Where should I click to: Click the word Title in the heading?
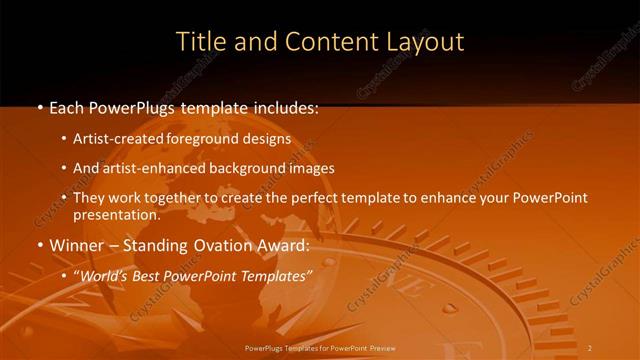tap(198, 42)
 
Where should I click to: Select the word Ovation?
tap(214, 245)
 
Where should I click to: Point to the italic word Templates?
tap(276, 275)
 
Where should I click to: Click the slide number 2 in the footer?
tap(590, 348)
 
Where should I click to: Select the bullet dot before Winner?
tap(39, 246)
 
